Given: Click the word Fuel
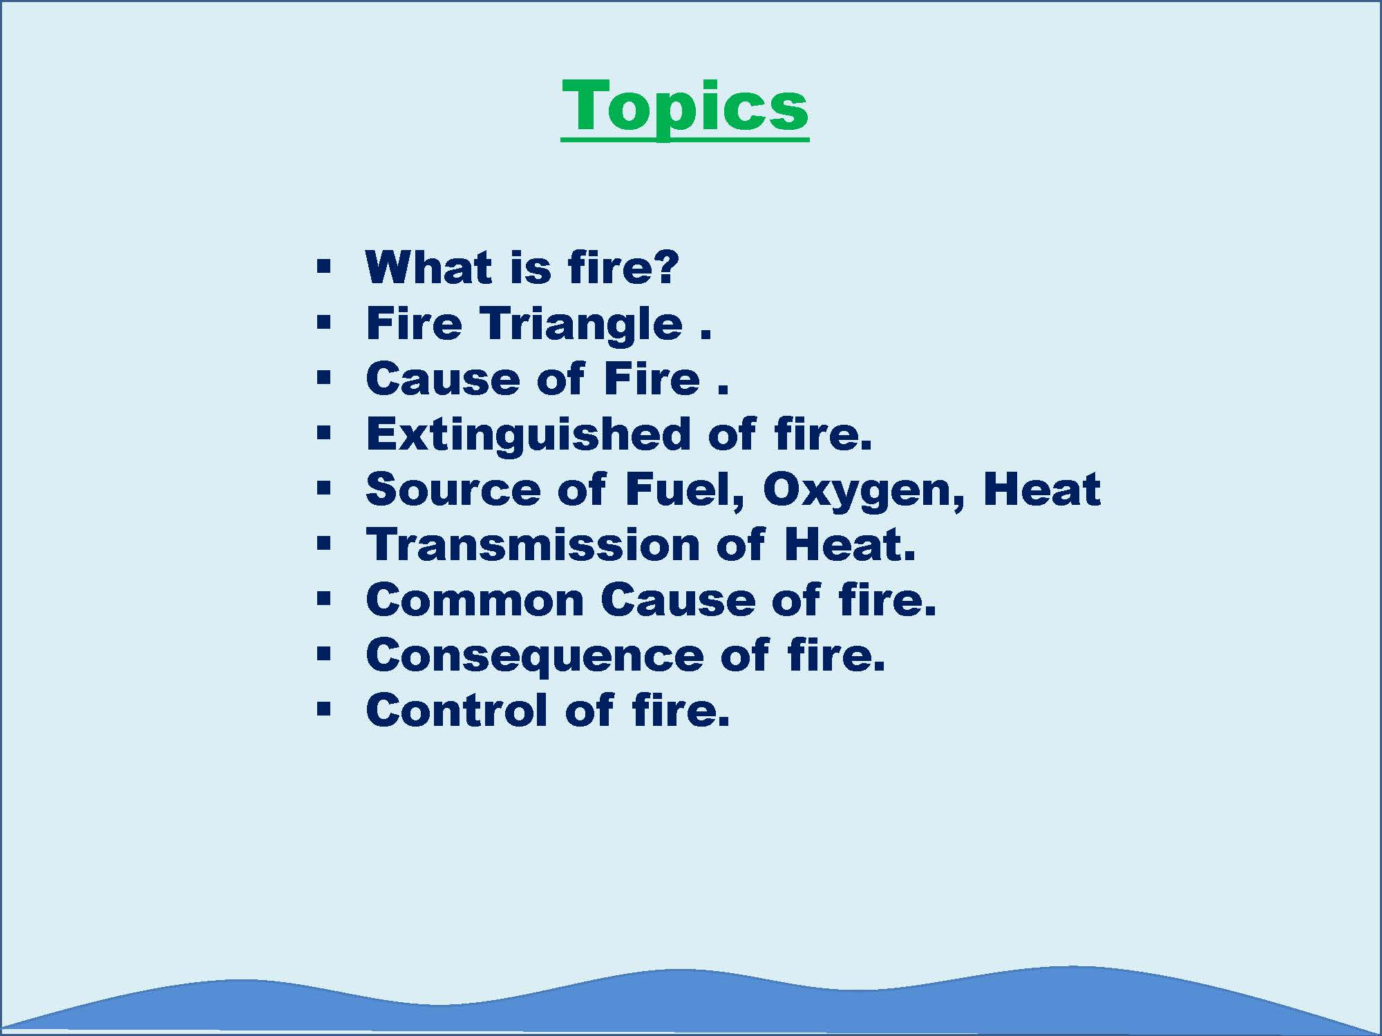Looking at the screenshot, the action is (x=685, y=490).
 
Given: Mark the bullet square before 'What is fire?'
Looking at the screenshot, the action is (x=324, y=267).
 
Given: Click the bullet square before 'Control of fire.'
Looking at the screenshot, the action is (x=324, y=709).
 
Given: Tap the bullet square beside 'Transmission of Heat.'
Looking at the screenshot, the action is (x=324, y=544).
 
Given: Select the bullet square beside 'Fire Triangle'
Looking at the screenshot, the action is (x=324, y=322).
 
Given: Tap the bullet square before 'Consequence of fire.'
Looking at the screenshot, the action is (x=324, y=654).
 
